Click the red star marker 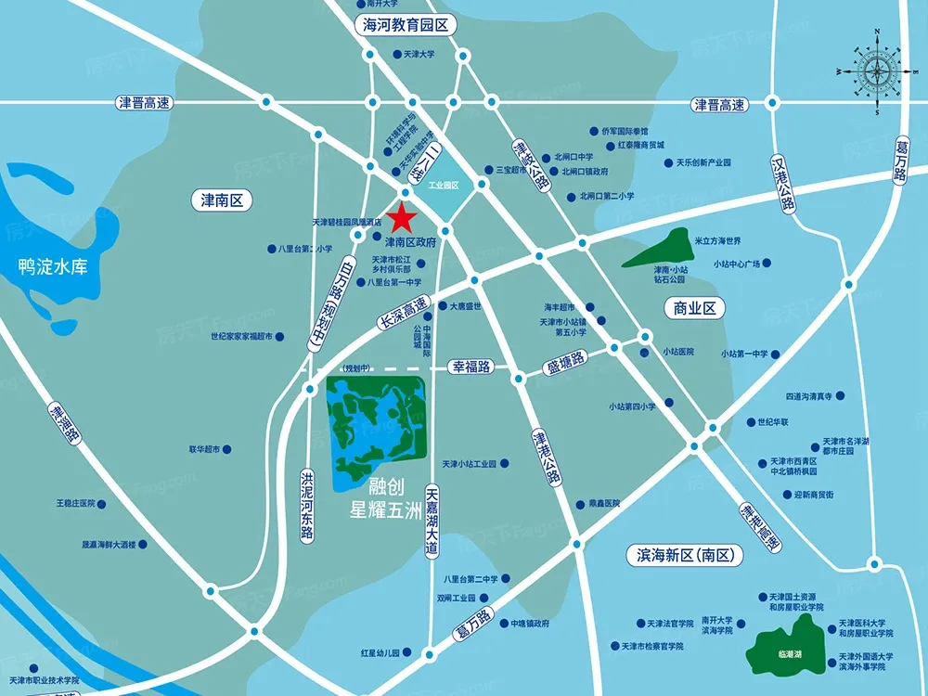coord(401,217)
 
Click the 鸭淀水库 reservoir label coord(53,267)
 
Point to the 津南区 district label coord(222,200)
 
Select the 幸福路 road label coord(470,367)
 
